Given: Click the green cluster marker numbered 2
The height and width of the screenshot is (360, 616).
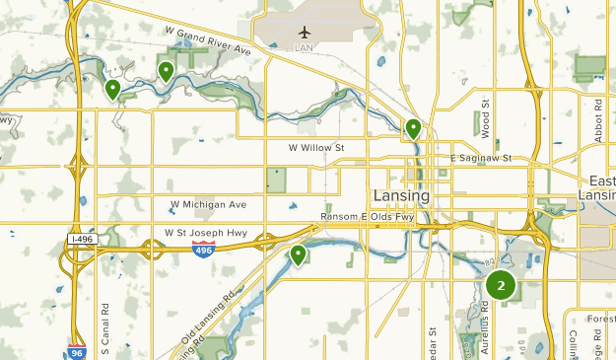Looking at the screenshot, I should click(x=501, y=286).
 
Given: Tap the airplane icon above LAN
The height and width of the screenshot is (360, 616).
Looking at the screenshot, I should click(x=305, y=31).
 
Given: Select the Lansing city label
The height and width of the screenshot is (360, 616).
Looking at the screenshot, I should click(x=401, y=195).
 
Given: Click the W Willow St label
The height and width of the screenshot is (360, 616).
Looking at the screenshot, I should click(x=315, y=148).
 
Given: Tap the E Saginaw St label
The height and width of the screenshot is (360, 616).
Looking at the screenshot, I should click(x=481, y=158).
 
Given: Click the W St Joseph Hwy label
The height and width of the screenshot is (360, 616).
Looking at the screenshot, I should click(x=206, y=234).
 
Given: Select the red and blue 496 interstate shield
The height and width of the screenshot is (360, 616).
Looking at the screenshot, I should click(x=204, y=248).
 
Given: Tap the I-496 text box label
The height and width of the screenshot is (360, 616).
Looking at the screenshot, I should click(x=82, y=239).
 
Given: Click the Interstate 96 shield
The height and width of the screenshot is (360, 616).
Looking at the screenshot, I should click(x=77, y=350).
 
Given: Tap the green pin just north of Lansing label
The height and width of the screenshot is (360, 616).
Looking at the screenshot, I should click(x=414, y=128).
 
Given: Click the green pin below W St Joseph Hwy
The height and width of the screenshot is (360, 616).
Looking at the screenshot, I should click(x=298, y=255).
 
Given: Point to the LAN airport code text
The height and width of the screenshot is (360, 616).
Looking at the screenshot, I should click(x=305, y=46).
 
